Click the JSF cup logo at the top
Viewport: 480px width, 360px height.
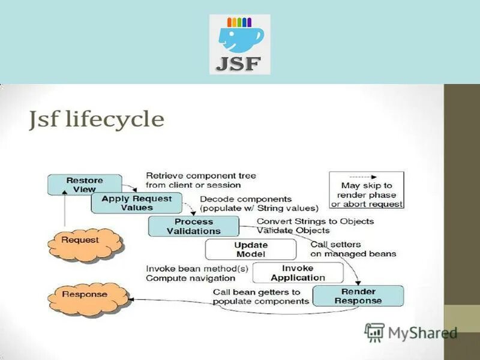tap(239, 44)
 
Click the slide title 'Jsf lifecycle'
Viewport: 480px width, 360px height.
tap(97, 119)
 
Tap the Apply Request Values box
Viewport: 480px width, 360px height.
tap(136, 203)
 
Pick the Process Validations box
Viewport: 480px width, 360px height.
tap(193, 226)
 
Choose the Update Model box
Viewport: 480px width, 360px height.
tap(250, 250)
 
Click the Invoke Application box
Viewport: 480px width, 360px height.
tap(298, 273)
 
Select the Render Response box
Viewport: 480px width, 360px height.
tap(358, 296)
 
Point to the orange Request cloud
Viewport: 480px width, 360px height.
tap(85, 241)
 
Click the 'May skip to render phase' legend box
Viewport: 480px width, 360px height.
tap(366, 190)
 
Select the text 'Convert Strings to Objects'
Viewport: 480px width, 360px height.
tap(315, 221)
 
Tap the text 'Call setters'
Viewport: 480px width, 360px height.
tap(335, 244)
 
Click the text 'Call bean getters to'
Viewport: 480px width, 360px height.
tap(257, 292)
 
